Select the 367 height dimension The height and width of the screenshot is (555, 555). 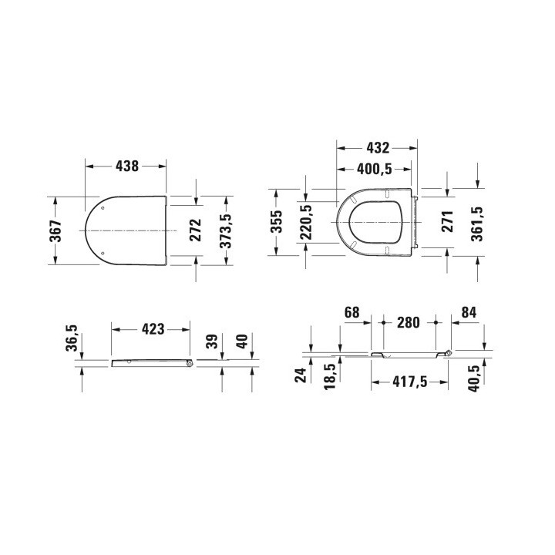[56, 230]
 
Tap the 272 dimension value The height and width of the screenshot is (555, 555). [195, 230]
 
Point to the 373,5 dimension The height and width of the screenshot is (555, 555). [226, 230]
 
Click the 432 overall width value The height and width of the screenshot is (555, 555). [377, 146]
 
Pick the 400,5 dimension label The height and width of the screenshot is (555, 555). [376, 169]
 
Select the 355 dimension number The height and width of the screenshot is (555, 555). [277, 221]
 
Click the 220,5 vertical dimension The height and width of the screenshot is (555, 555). [306, 222]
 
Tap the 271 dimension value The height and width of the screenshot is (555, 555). [447, 222]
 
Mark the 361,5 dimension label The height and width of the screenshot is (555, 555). [477, 222]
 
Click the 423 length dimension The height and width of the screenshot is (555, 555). [152, 329]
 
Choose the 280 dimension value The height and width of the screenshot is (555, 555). [409, 322]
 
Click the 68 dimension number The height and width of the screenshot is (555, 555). [351, 312]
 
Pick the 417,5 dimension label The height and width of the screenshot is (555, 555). [409, 380]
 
